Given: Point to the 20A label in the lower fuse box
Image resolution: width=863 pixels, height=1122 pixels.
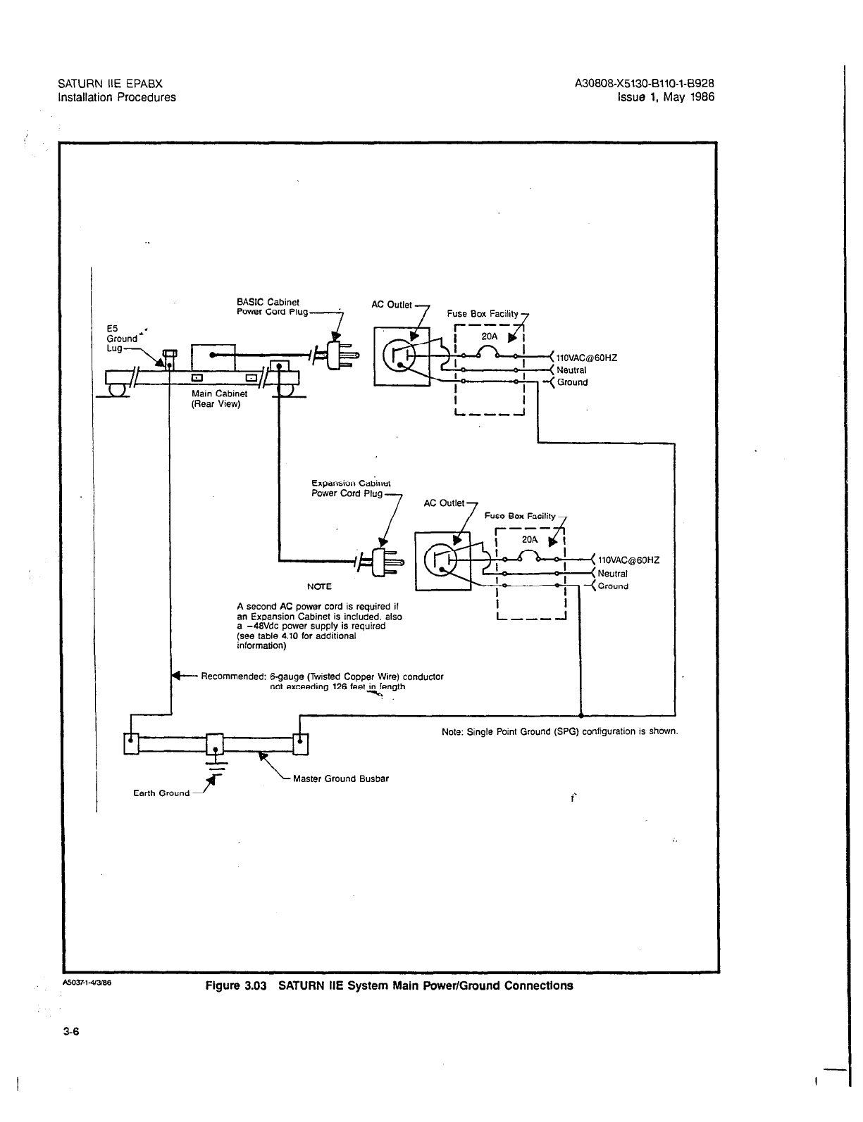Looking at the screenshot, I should (530, 539).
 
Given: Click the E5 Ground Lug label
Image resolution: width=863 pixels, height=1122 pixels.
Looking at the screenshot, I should (121, 338).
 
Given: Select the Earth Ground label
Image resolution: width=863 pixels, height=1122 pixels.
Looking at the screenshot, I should (161, 793).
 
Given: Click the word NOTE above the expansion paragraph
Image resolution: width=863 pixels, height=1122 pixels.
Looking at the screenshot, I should (319, 586).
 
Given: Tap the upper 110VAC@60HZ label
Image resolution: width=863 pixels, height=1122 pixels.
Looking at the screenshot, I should (587, 358).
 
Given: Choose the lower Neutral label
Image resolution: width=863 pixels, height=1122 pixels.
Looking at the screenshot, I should (612, 574).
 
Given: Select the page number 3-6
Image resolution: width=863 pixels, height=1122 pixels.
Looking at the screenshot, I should (71, 1033).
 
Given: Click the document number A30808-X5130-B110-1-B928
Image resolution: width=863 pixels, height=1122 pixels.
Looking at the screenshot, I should (645, 84).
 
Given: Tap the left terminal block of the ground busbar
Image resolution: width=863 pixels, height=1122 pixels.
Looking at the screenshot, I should (132, 744).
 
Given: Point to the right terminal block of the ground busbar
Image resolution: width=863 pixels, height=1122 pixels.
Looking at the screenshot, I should (301, 744).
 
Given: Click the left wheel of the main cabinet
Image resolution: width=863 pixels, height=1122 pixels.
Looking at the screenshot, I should (118, 388).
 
